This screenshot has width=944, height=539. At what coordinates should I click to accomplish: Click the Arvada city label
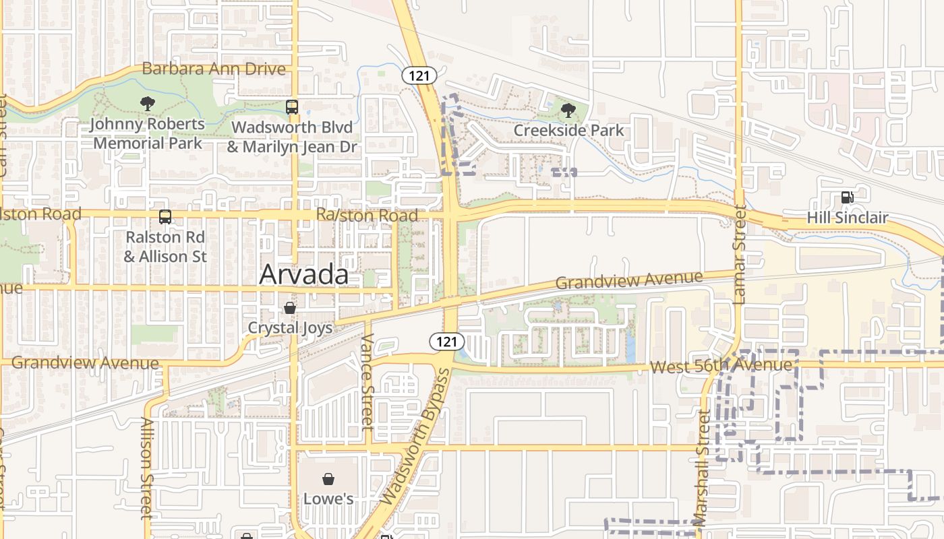[304, 274]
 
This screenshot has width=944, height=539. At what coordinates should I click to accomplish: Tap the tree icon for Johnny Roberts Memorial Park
[147, 104]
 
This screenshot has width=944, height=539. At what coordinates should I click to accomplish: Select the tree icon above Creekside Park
[568, 110]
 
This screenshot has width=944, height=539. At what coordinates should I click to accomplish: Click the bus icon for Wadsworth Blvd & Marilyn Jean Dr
[291, 107]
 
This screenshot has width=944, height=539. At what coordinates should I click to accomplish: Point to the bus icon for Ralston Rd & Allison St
[165, 217]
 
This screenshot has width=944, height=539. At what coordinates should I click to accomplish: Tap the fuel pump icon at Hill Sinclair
[847, 197]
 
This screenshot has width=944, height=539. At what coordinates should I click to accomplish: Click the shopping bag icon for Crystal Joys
[290, 308]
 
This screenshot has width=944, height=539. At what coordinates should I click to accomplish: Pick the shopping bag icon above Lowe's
[328, 479]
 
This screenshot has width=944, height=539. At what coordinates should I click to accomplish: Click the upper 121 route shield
[419, 75]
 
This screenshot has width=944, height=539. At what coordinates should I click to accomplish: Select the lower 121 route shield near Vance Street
[446, 342]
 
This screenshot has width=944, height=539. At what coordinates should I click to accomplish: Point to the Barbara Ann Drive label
[214, 69]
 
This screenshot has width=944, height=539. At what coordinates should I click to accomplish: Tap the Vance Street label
[367, 382]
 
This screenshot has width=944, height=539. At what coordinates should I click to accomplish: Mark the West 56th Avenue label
[720, 366]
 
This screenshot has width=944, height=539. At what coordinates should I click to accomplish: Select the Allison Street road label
[146, 468]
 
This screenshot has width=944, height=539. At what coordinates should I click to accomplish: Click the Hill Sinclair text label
[847, 218]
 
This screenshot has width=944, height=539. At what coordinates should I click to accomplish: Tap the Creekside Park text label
[568, 130]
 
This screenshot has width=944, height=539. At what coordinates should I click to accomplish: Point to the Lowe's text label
[328, 499]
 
